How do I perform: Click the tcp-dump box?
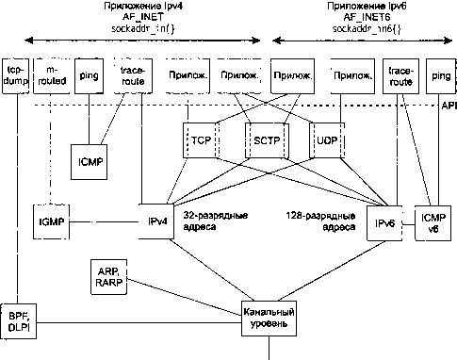click(x=15, y=76)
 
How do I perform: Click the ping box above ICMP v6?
click(x=438, y=76)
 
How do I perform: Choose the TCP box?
click(x=201, y=139)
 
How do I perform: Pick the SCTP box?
click(x=262, y=139)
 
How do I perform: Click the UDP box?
click(x=325, y=139)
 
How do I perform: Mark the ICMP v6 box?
click(x=429, y=222)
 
